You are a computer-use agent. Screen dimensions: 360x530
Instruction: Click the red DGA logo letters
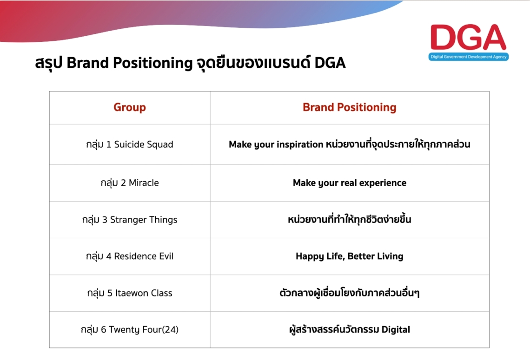pos(468,38)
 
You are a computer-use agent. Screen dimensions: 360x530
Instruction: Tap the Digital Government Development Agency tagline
pos(468,57)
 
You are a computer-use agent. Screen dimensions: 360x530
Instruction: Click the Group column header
pos(130,107)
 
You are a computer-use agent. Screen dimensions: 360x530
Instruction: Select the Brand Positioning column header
pos(349,107)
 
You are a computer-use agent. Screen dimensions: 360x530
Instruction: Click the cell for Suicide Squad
pos(130,144)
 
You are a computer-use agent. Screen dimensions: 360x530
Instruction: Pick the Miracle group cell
pos(130,183)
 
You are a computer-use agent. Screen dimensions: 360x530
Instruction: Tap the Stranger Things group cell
pos(130,220)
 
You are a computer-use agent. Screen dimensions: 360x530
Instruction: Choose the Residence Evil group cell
pos(130,256)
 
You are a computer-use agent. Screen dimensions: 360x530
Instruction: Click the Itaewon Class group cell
pos(130,293)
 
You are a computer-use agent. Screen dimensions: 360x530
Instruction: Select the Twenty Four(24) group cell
pos(130,330)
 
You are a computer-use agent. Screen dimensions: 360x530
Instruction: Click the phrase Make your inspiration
pos(276,144)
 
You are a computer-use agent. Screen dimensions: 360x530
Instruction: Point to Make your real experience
pos(349,183)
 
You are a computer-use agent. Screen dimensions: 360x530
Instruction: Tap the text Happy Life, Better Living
pos(349,256)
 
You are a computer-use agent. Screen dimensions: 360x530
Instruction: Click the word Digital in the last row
pos(396,330)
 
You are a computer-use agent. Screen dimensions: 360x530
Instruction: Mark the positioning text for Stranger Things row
pos(349,220)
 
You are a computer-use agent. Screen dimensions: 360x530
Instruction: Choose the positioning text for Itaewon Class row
pos(349,293)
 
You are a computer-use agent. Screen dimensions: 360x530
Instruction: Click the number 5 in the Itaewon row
pos(110,293)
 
